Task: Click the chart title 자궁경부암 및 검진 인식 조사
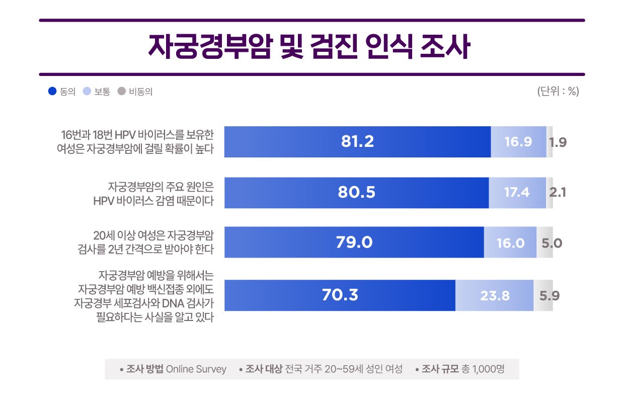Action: [x=309, y=47]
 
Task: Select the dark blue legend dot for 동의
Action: [x=52, y=91]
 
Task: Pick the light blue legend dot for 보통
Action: [x=87, y=91]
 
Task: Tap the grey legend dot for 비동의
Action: [x=121, y=91]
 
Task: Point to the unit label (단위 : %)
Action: [x=558, y=91]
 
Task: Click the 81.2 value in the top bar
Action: [x=357, y=141]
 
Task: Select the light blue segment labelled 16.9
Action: [x=518, y=142]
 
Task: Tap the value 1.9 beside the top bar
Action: [x=558, y=142]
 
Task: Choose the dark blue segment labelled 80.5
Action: [x=357, y=193]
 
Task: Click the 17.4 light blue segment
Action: [x=517, y=193]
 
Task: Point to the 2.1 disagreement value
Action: [x=558, y=193]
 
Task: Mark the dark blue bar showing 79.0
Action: [x=354, y=242]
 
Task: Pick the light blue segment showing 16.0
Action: [x=510, y=242]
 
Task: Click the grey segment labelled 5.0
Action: [x=544, y=242]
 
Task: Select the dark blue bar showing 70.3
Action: [x=340, y=295]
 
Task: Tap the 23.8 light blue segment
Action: [x=495, y=295]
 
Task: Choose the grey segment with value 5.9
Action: [x=543, y=295]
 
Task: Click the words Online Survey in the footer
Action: [x=196, y=369]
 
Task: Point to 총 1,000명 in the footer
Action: [x=483, y=369]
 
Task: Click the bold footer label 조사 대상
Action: [x=264, y=369]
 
